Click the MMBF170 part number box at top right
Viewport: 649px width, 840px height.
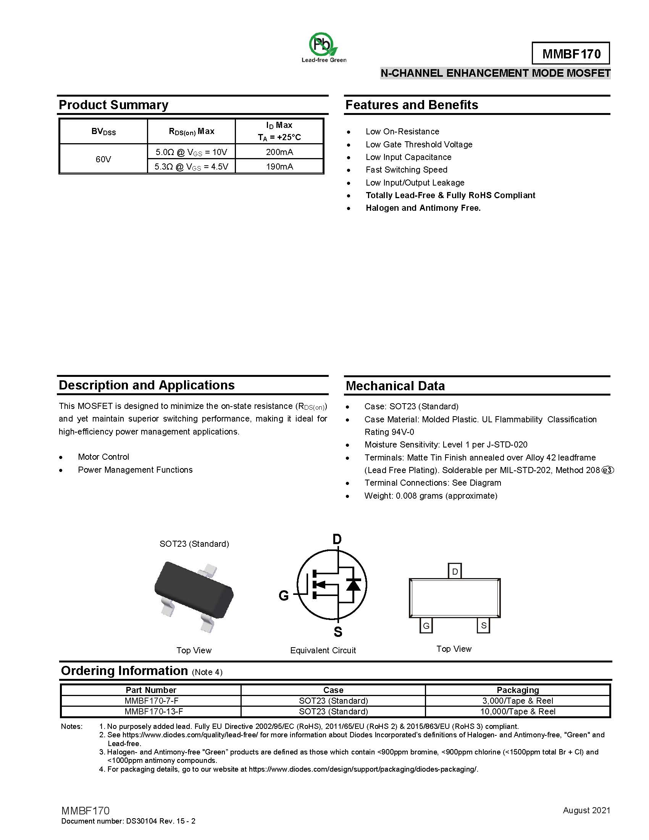click(x=571, y=53)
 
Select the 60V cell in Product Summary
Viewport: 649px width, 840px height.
click(x=103, y=159)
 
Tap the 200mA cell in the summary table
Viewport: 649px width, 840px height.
click(x=279, y=152)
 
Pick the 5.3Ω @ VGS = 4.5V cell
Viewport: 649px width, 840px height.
click(x=191, y=166)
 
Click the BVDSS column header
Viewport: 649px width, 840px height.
click(x=103, y=132)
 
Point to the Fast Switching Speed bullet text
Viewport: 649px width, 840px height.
click(x=407, y=170)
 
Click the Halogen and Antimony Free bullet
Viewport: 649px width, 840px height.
click(x=423, y=208)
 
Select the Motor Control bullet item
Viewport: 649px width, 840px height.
click(x=103, y=457)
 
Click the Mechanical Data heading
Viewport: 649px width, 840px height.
click(x=395, y=386)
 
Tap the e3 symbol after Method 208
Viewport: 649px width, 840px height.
click(x=607, y=470)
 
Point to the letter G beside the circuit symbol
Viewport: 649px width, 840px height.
click(x=283, y=596)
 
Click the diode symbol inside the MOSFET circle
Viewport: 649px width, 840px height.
click(x=353, y=585)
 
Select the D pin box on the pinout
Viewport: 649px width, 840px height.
click(x=455, y=572)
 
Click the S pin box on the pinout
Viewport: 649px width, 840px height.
click(x=483, y=625)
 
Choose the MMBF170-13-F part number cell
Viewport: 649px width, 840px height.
click(x=154, y=712)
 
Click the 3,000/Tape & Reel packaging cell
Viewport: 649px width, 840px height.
click(x=518, y=701)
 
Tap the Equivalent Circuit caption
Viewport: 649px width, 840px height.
click(x=323, y=650)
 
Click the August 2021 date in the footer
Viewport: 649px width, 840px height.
click(x=586, y=810)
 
